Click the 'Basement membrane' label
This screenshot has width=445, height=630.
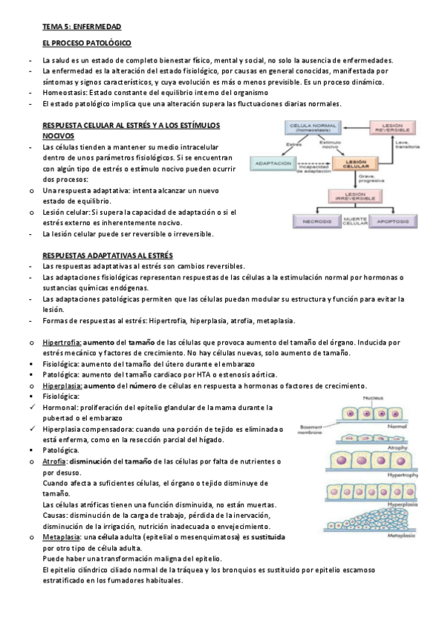(x=311, y=431)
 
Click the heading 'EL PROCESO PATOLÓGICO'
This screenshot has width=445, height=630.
(x=86, y=44)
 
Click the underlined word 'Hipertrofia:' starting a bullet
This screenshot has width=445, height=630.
(x=62, y=342)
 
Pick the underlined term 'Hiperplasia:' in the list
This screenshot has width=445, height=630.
(x=63, y=386)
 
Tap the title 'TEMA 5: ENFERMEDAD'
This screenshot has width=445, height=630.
(x=82, y=26)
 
